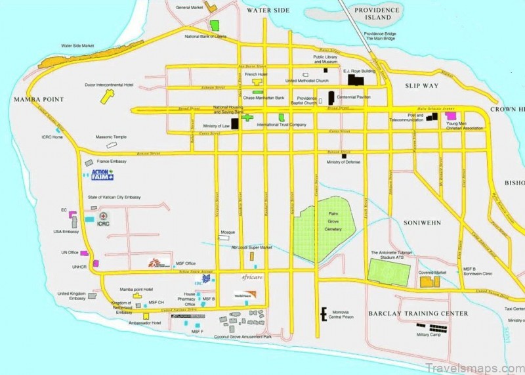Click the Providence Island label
point(377,14)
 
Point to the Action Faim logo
point(98,175)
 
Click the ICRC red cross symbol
point(103,216)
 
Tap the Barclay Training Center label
point(418,313)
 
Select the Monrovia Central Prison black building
point(322,314)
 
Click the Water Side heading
point(268,11)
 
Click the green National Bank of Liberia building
point(215,26)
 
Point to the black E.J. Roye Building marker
point(356,80)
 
